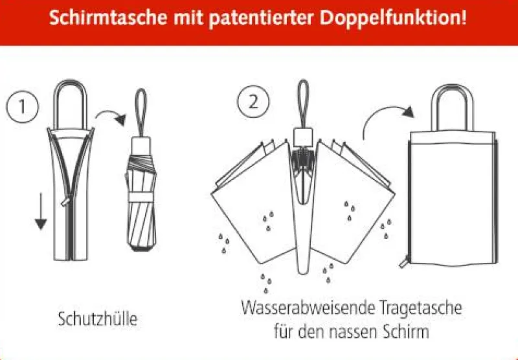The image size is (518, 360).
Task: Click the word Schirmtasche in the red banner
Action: pos(108,17)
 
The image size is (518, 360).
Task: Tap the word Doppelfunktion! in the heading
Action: pos(394,18)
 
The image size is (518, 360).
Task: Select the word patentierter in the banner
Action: pos(261,19)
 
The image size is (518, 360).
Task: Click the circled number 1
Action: pos(22,106)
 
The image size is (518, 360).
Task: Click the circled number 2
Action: pos(253,102)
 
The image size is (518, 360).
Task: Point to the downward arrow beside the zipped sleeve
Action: pos(41,211)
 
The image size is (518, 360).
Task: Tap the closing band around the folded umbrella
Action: pos(141,197)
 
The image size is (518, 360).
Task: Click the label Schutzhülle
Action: pos(98,319)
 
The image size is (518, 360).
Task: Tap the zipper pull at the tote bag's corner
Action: pos(405,262)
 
